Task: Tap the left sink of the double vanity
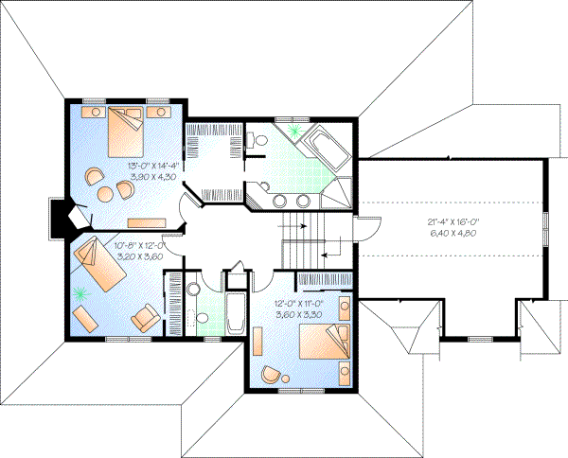click(280, 200)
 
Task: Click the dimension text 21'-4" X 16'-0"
click(450, 223)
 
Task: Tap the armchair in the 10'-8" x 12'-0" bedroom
click(146, 317)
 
